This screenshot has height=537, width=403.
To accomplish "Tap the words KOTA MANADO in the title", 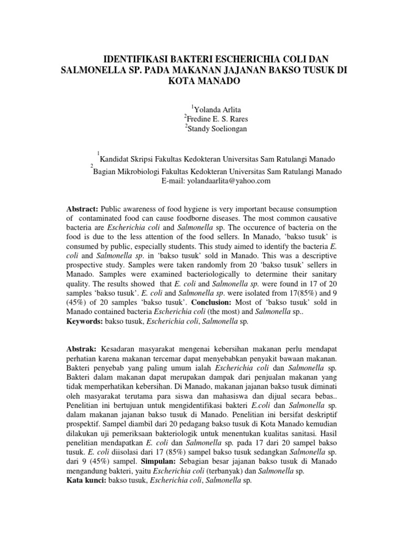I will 202,82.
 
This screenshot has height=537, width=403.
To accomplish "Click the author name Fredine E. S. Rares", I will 214,118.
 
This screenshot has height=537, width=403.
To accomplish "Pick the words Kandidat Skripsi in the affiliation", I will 127,159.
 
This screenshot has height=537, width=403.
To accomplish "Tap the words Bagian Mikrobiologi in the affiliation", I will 127,171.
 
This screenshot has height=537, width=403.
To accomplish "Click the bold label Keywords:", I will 85,322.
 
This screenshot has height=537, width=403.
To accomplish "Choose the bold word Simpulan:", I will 159,461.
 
